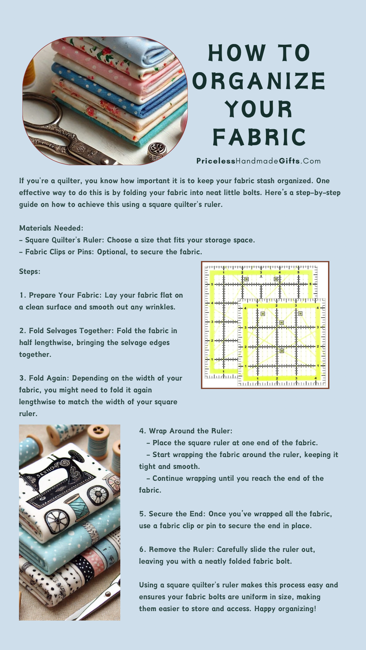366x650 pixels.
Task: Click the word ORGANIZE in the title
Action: click(259, 81)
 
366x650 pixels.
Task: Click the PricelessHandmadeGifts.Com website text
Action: click(259, 161)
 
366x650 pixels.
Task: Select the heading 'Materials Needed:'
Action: click(51, 228)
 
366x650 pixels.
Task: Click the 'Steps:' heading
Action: click(30, 272)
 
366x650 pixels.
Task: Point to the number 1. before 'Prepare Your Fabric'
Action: click(22, 295)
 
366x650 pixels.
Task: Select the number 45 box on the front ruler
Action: click(281, 323)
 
